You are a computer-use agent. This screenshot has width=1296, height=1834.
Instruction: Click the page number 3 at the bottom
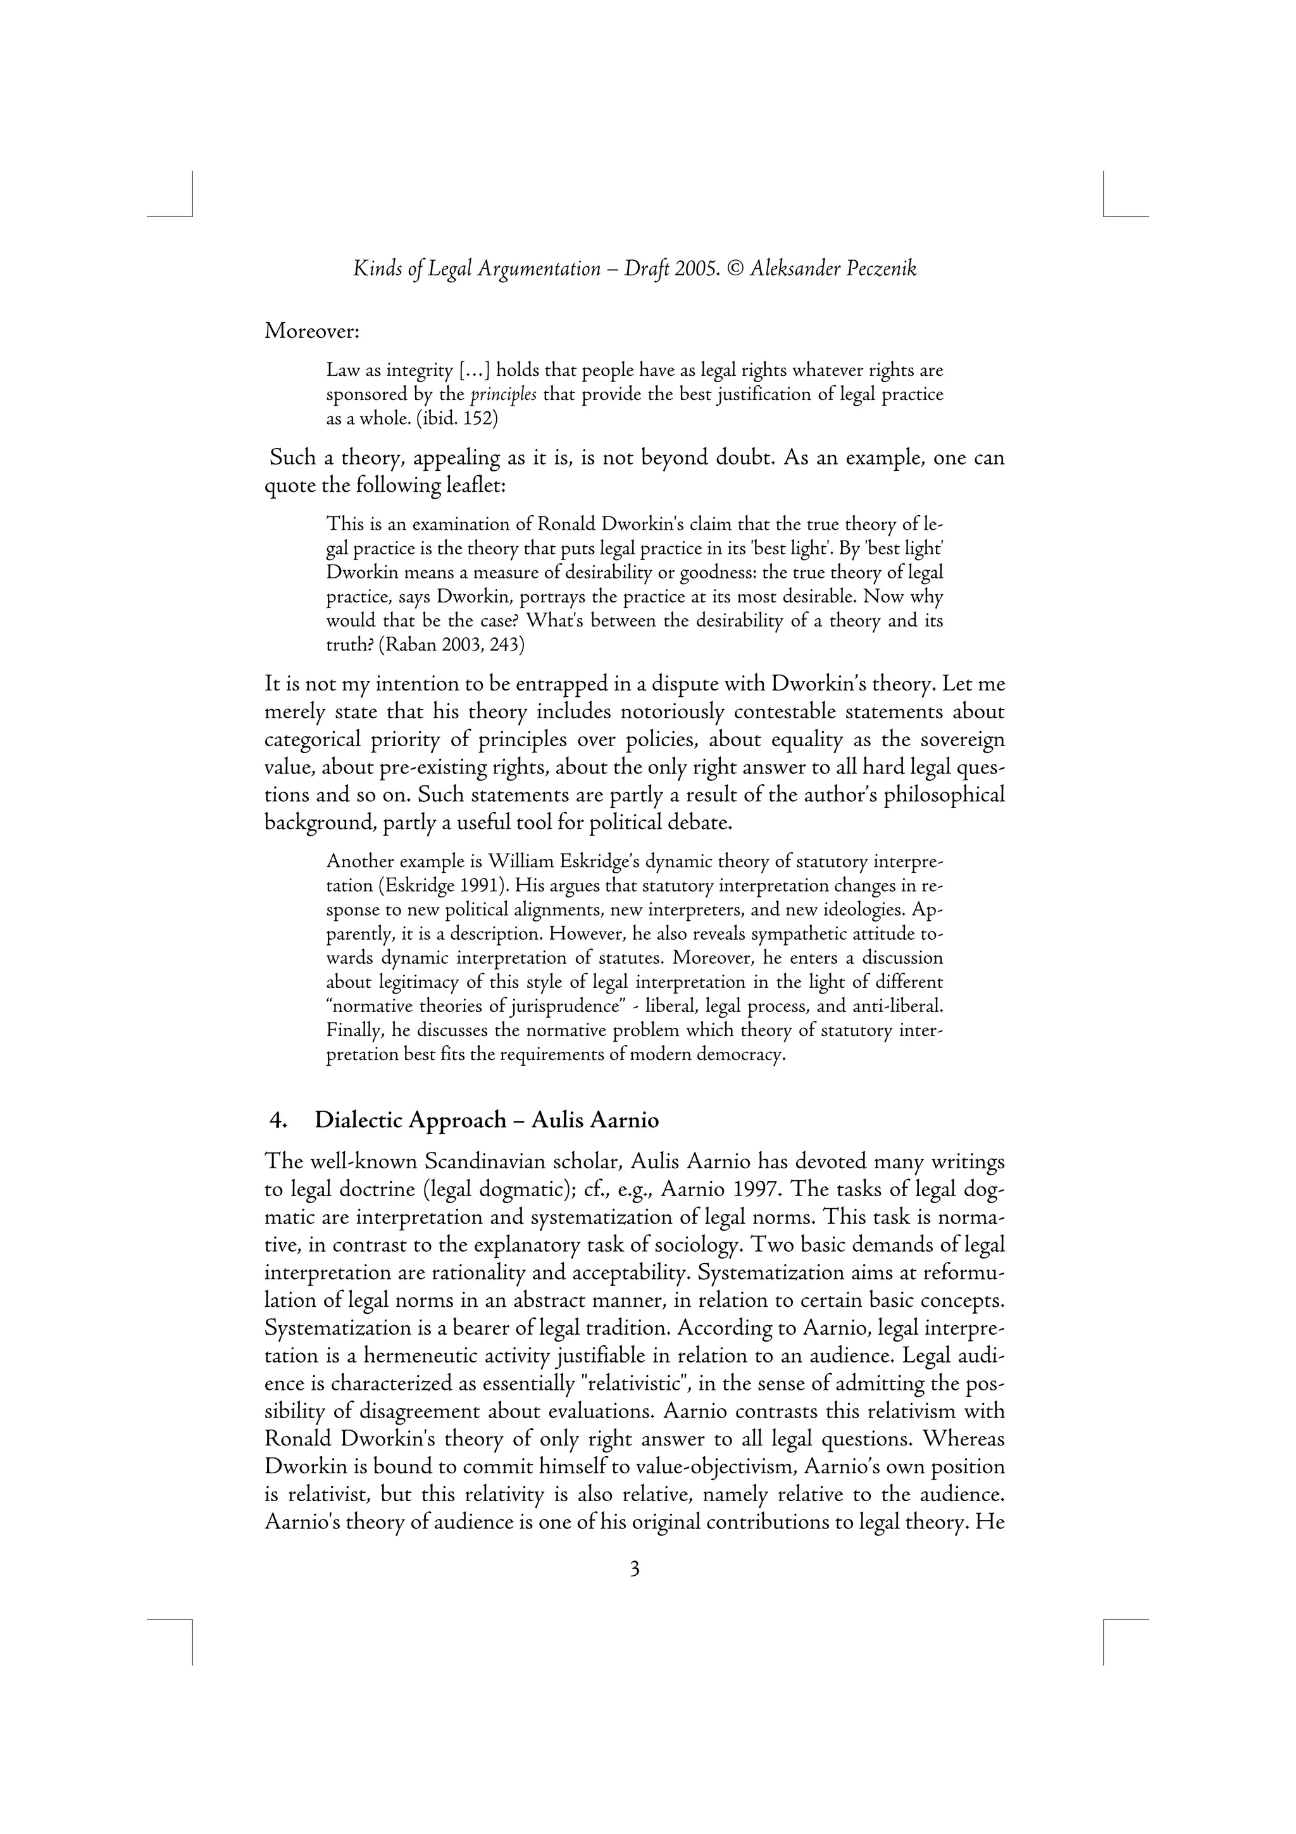point(635,1569)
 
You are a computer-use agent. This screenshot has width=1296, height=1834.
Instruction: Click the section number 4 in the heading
point(277,1121)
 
